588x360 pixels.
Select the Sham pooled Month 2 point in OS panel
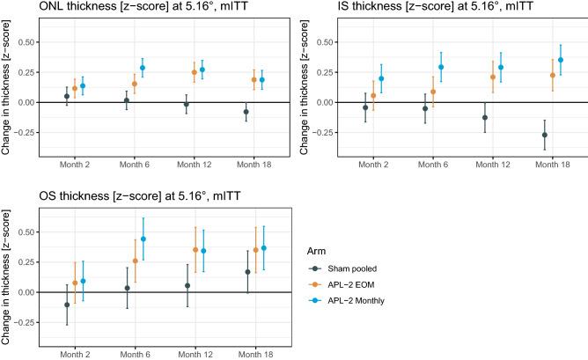[x=67, y=305]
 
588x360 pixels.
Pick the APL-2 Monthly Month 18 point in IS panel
[x=561, y=60]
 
